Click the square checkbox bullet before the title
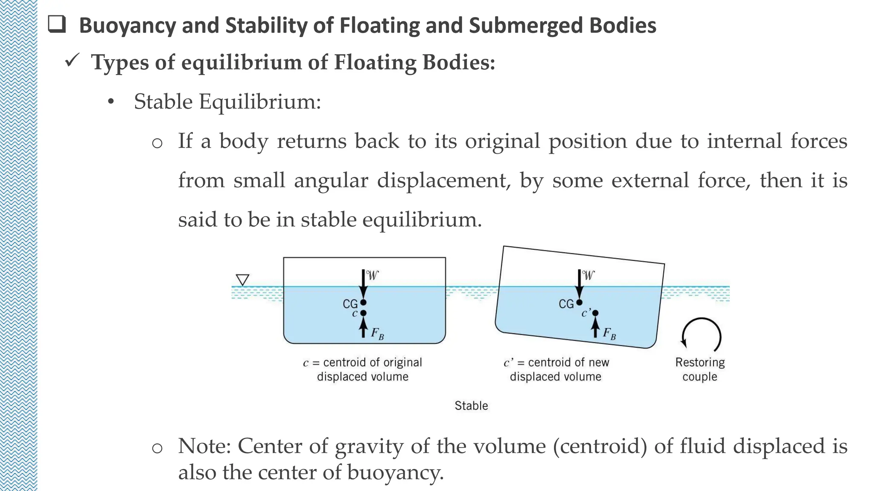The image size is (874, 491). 57,24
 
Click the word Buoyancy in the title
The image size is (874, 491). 127,26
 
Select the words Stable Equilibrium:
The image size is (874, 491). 227,102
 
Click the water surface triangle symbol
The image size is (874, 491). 242,280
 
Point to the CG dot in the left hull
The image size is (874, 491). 363,303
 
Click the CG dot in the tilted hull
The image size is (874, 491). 579,303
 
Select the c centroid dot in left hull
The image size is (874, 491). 363,313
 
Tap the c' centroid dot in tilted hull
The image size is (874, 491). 595,313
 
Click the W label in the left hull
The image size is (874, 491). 373,275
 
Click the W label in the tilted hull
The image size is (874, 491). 588,275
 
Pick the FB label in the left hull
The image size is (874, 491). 377,333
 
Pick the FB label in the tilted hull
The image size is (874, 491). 609,333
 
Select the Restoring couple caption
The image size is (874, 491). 700,369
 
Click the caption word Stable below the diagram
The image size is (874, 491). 471,405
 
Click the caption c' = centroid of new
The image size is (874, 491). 556,363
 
